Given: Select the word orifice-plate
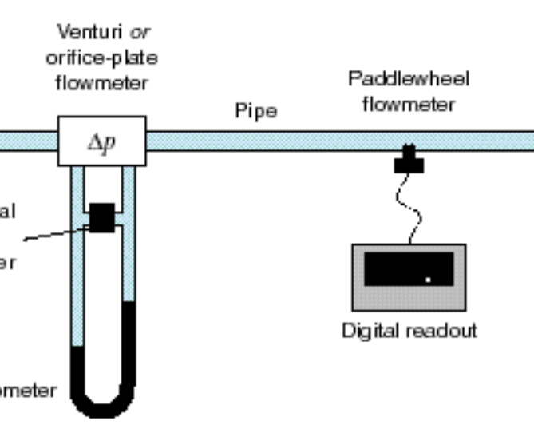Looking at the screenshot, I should coord(101,58).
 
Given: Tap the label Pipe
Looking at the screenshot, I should coord(256,111).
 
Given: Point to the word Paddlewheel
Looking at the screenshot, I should coord(409,79).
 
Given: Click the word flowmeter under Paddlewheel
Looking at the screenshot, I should coord(409,104).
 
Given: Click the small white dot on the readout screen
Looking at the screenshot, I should coord(429,280).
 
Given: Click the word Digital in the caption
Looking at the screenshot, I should coord(370,330).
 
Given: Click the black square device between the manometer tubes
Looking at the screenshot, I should coord(102,217).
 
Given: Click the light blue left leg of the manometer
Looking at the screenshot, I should coord(77,280).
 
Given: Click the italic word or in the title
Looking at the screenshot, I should coord(141,33).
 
